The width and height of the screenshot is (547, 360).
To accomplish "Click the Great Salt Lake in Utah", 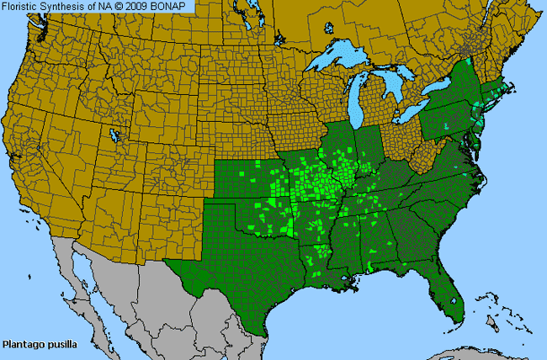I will (114, 135).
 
